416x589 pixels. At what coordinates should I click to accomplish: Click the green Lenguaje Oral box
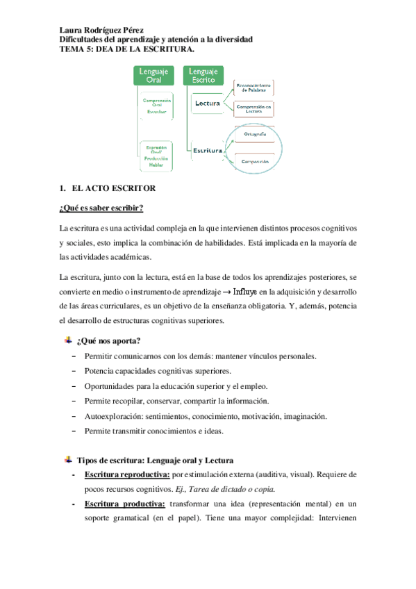(153, 76)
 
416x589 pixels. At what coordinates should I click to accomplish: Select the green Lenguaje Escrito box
(203, 76)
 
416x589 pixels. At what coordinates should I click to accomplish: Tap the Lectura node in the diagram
(208, 104)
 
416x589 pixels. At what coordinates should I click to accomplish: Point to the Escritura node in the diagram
(208, 150)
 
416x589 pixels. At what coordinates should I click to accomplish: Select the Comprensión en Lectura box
(253, 108)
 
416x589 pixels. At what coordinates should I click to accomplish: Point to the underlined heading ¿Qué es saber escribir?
(101, 208)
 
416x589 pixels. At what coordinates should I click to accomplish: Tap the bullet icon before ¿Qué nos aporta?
(68, 340)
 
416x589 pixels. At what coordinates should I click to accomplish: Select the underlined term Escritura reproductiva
(126, 474)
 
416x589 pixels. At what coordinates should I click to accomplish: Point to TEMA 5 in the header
(76, 49)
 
